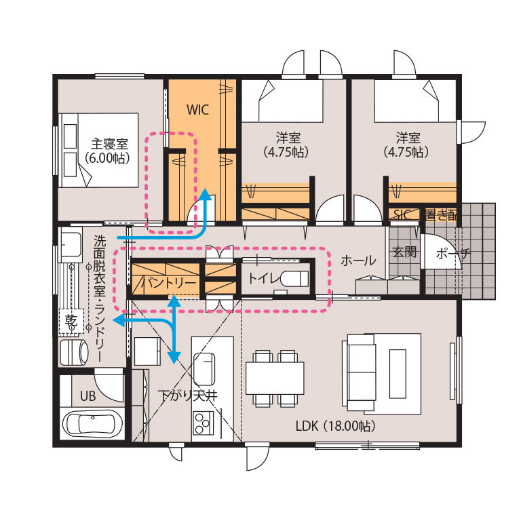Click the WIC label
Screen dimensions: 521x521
tap(197, 110)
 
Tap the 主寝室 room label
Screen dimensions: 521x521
tap(109, 144)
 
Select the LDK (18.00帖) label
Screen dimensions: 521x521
tap(336, 425)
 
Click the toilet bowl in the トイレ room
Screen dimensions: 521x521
tap(294, 278)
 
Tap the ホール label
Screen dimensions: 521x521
tap(358, 260)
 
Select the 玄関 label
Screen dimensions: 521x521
tap(404, 252)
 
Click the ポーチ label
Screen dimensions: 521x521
tap(453, 254)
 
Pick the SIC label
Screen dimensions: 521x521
tap(402, 214)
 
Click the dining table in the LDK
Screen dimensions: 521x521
tap(275, 378)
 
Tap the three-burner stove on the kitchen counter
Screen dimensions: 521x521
tap(202, 423)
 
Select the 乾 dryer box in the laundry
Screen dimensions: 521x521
tap(71, 321)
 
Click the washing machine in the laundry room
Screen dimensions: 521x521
tap(74, 352)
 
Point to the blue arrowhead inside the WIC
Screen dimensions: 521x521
tap(206, 195)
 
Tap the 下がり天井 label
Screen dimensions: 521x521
tap(188, 395)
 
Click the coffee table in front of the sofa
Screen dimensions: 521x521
tap(398, 374)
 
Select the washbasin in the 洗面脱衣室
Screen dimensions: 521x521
tap(71, 245)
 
